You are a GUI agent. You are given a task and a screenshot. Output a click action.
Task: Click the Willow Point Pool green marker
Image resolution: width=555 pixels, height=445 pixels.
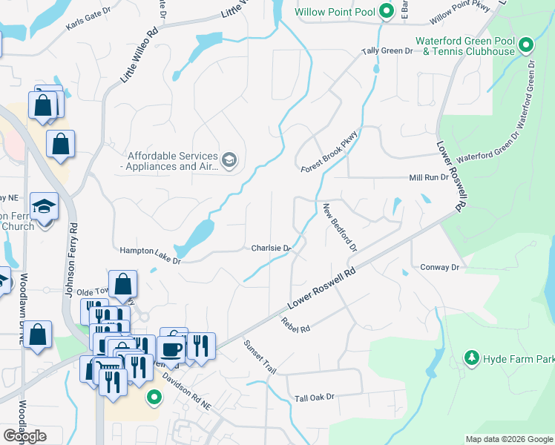(x=386, y=11)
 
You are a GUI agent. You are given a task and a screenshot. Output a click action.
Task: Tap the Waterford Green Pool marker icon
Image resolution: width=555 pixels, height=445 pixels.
(x=526, y=46)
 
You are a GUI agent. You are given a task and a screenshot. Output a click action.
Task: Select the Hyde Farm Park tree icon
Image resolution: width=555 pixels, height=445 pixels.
(x=471, y=359)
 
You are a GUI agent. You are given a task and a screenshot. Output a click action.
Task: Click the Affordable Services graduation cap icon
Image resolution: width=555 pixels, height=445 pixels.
(x=229, y=160)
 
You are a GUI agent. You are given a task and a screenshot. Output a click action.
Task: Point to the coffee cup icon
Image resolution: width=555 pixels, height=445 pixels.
(x=171, y=349)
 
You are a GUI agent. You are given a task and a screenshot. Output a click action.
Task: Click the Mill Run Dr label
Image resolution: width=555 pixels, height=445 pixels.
(x=429, y=178)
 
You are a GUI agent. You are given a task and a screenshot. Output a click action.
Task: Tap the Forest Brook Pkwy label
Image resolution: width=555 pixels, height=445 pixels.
(x=329, y=153)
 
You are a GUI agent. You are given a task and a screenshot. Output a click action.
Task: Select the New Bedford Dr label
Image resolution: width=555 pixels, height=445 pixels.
(x=340, y=227)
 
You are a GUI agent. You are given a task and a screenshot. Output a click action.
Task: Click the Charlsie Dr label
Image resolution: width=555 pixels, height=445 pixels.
(x=269, y=248)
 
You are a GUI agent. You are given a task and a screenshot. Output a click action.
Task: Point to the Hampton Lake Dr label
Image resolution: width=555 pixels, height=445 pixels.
(x=151, y=254)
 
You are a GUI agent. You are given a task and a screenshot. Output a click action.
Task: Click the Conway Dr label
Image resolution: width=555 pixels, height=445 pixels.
(x=440, y=267)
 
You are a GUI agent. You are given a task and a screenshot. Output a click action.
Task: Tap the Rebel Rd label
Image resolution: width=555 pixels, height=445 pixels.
(x=295, y=324)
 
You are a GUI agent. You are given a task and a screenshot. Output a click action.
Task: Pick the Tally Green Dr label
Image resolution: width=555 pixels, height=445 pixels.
(x=387, y=51)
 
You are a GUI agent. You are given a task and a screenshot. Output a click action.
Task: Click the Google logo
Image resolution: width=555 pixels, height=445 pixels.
(x=24, y=435)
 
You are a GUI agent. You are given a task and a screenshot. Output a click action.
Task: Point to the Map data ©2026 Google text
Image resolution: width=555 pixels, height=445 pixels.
(x=508, y=439)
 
